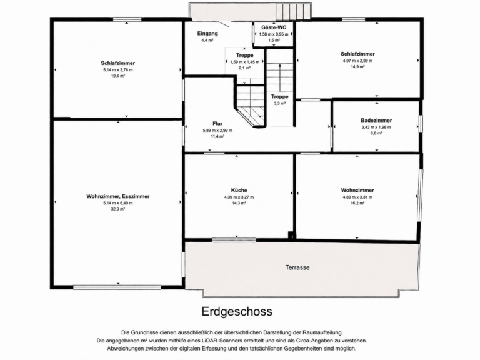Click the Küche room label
pyautogui.click(x=239, y=190)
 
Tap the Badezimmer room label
pyautogui.click(x=376, y=120)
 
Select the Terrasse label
pyautogui.click(x=297, y=267)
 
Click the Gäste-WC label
pyautogui.click(x=274, y=27)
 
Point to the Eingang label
pyautogui.click(x=207, y=34)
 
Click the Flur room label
pyautogui.click(x=217, y=124)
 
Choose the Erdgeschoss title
pyautogui.click(x=237, y=311)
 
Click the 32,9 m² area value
pyautogui.click(x=118, y=209)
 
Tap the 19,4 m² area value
pyautogui.click(x=118, y=76)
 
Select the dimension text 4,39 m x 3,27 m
pyautogui.click(x=239, y=197)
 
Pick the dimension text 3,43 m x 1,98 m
pyautogui.click(x=376, y=127)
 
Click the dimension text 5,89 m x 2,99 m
pyautogui.click(x=217, y=131)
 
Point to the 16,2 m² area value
pyautogui.click(x=357, y=203)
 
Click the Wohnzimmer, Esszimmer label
pyautogui.click(x=118, y=196)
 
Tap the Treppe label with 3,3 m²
pyautogui.click(x=279, y=97)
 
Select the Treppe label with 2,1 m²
pyautogui.click(x=244, y=55)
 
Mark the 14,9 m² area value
pyautogui.click(x=357, y=67)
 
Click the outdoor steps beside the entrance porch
pyautogui.click(x=293, y=12)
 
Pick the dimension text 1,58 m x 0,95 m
pyautogui.click(x=274, y=34)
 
